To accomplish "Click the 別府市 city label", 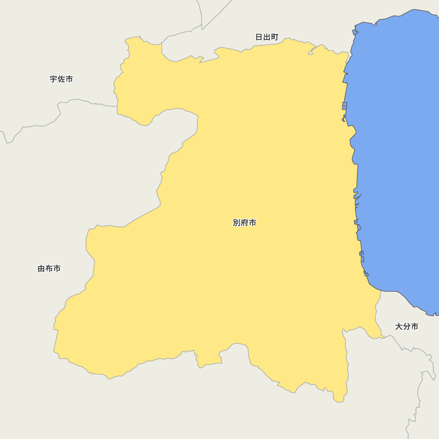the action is pos(245,223).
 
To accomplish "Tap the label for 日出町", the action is pos(267,37).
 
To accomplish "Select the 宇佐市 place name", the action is pos(61,79).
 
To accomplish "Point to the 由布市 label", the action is pos(49,268).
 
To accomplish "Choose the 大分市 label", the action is pos(407,326).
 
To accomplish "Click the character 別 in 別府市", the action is pos(237,223).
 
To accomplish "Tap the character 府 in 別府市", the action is pos(245,223).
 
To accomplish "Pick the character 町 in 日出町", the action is pos(274,37).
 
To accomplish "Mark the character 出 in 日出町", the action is pos(267,37).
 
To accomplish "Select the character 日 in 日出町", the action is pos(259,37).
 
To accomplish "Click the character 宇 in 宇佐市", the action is pos(54,79).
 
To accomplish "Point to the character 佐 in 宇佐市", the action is pos(61,79).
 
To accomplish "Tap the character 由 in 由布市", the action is pos(42,268).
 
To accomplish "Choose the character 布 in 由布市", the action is pos(49,268).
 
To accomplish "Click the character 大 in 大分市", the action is pos(399,326).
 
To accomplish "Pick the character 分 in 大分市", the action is pos(407,326).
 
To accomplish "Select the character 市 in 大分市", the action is pos(414,326).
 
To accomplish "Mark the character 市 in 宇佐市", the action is pos(69,79).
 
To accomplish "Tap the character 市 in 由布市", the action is pos(57,268).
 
